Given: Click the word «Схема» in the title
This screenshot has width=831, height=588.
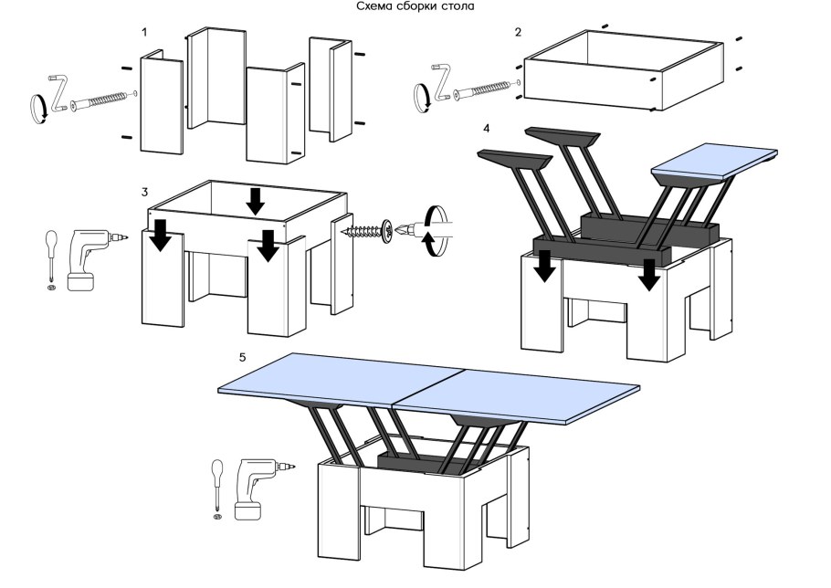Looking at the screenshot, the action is pos(374,6).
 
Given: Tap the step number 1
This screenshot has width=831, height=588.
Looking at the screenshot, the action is pos(144,32).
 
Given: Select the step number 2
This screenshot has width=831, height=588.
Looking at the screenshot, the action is pos(518,32).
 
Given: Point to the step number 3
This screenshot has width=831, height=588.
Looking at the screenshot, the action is pos(144,192).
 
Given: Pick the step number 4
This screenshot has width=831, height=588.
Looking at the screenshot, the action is pos(487,129).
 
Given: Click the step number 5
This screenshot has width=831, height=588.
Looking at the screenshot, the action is pos(242,357).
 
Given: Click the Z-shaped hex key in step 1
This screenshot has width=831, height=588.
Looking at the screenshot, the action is pos(58,92).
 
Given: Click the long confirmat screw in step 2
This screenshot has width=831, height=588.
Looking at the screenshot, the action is pos(486,89).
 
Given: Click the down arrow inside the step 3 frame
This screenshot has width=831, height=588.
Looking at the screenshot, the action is pos(256,202).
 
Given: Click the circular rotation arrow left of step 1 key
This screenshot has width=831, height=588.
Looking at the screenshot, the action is pos(38,109).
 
